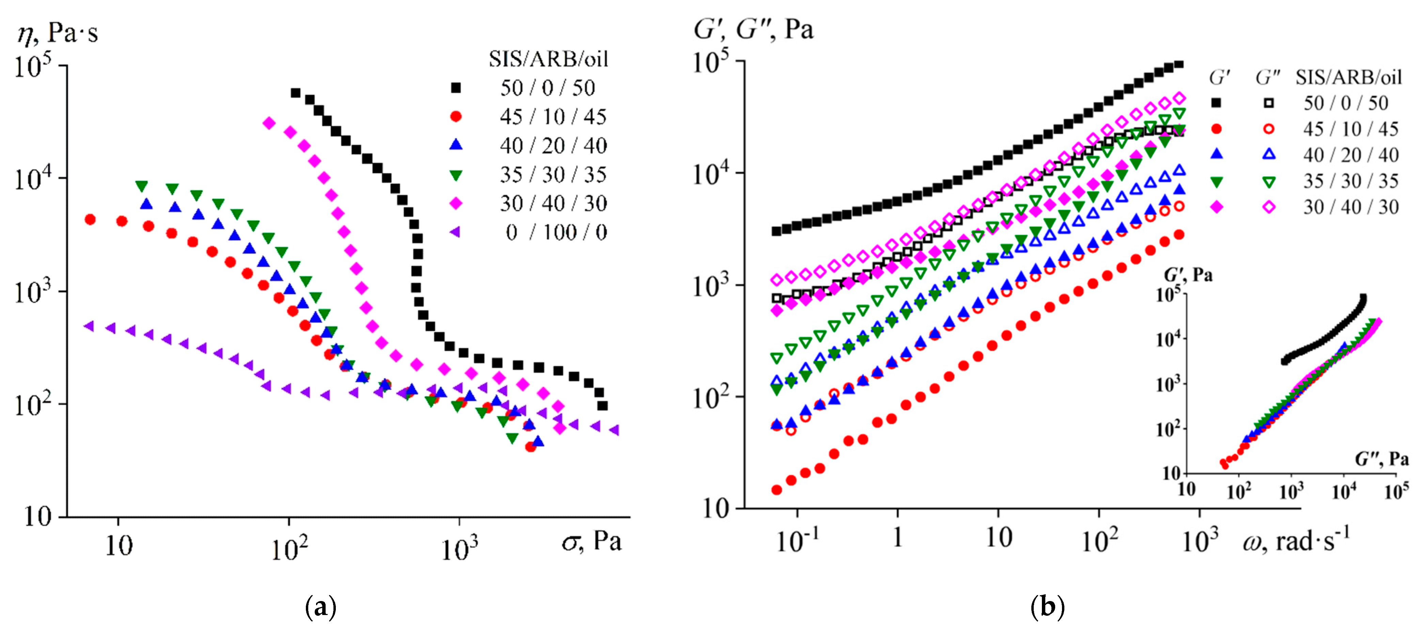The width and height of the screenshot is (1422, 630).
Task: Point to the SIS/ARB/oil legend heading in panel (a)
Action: click(x=548, y=59)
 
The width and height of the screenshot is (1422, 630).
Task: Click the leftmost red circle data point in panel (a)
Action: click(x=90, y=220)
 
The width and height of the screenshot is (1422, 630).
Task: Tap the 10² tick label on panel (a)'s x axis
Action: click(x=289, y=548)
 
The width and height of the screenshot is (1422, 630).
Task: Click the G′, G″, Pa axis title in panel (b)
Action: click(x=753, y=29)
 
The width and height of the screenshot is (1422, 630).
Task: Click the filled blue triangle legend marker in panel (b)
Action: click(x=1216, y=155)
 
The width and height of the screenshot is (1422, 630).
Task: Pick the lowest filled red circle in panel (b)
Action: click(x=777, y=490)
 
